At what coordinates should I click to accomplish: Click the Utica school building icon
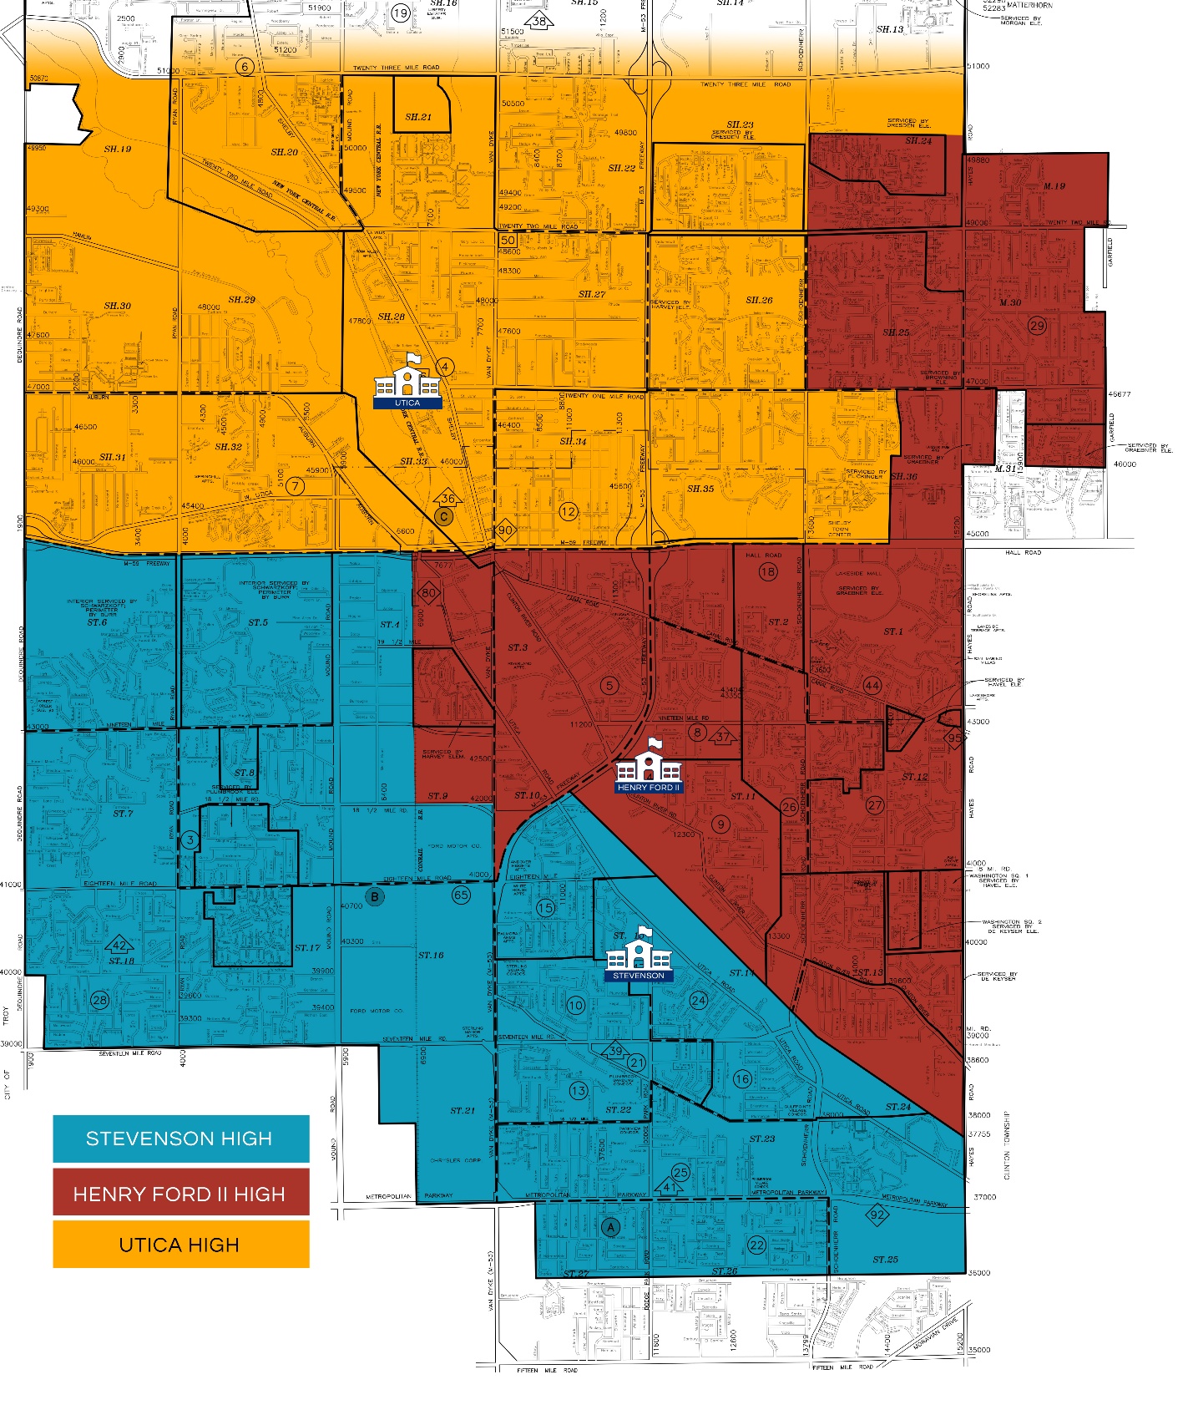pos(407,380)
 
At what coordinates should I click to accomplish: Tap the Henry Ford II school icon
pos(649,763)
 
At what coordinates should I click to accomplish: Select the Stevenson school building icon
pos(639,951)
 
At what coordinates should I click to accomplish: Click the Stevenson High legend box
pos(180,1139)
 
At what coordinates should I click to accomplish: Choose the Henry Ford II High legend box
pos(180,1193)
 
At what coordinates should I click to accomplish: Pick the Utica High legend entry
pos(180,1245)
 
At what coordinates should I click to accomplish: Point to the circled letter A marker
pos(610,1227)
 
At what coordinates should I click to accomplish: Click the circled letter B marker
pos(375,897)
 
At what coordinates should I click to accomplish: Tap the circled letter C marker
pos(444,516)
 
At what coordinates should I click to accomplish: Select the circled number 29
pos(1037,326)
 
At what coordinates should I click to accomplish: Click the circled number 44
pos(872,685)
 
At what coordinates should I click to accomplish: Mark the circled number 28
pos(99,1000)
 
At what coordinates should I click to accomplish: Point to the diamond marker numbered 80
pos(428,593)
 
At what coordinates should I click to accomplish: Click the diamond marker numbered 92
pos(877,1215)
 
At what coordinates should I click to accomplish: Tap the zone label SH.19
pos(118,150)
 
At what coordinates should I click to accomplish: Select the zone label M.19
pos(1054,186)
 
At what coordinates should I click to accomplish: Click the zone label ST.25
pos(885,1259)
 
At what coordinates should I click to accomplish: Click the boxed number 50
pos(508,241)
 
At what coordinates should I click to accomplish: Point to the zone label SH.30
pos(117,306)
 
